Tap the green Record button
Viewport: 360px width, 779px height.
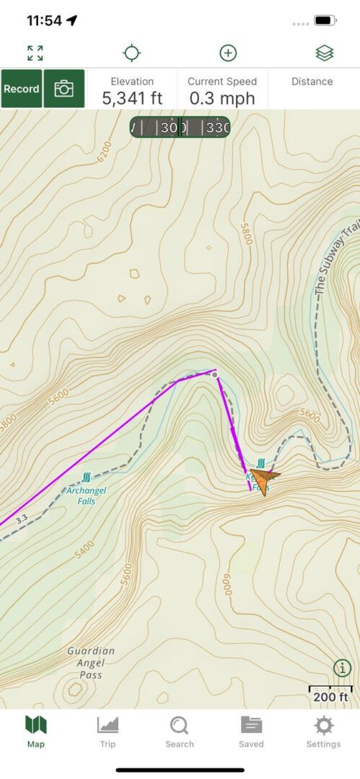click(x=22, y=89)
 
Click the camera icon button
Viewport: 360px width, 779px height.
click(x=64, y=89)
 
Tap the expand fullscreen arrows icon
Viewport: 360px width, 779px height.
click(x=35, y=53)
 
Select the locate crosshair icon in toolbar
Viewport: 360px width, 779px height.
click(x=131, y=53)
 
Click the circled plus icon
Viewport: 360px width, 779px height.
click(x=228, y=53)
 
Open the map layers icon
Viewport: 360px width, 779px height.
click(x=324, y=53)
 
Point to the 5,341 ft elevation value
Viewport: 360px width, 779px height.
click(x=132, y=98)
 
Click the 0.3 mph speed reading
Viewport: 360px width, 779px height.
click(x=221, y=98)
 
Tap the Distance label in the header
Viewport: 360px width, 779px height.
click(x=312, y=82)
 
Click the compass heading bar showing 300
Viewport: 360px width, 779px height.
click(x=180, y=128)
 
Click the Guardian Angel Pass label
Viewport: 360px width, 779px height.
click(x=91, y=662)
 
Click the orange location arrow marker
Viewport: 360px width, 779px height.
click(x=264, y=480)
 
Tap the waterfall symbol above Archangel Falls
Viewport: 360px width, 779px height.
click(x=87, y=477)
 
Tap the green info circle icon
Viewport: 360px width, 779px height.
click(x=342, y=667)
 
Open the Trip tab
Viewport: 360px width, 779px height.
click(x=107, y=731)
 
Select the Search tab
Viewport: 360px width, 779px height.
click(x=179, y=731)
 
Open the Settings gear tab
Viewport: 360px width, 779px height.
click(x=323, y=731)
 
